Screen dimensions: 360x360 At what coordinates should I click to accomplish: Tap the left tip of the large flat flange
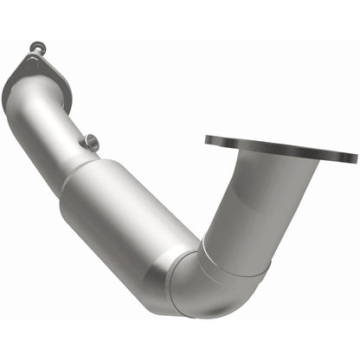point(208,138)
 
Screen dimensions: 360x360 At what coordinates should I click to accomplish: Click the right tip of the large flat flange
point(354,158)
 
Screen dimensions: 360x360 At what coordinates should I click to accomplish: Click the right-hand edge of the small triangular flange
point(69,82)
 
